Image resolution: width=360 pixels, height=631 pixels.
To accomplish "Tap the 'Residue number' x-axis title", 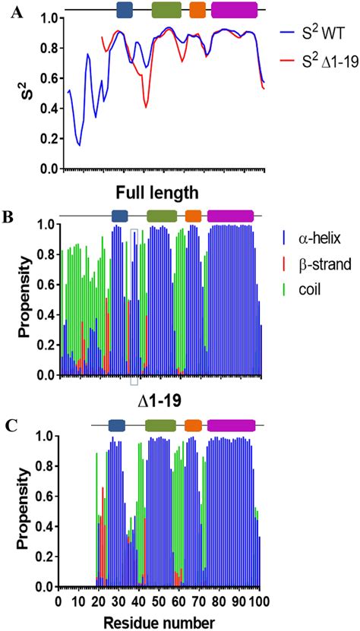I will (161, 622).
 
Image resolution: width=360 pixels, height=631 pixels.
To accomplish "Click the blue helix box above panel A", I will (125, 10).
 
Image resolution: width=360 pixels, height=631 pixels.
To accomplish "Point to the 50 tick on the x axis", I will (159, 601).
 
